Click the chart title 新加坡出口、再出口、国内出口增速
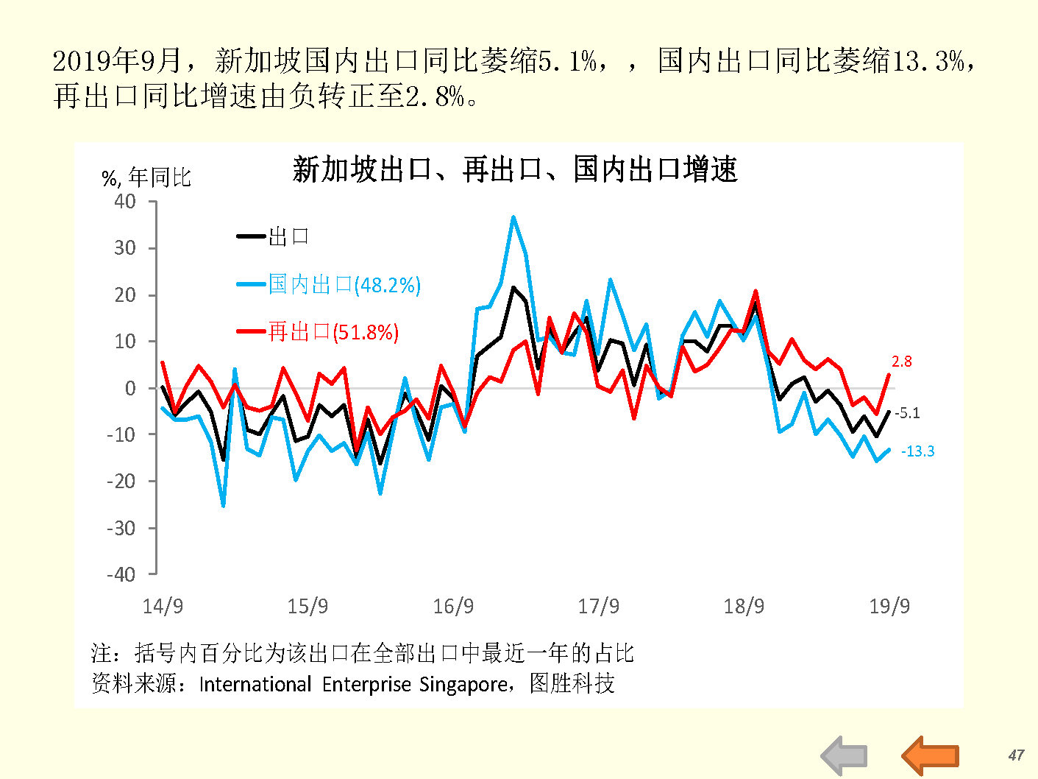514,170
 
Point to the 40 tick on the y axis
125,202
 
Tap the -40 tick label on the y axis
121,574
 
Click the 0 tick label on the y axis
130,388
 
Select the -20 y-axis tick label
121,482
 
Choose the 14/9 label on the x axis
163,606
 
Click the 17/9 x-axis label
598,606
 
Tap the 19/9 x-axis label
889,606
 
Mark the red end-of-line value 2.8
901,362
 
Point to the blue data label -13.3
917,451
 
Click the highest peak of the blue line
513,217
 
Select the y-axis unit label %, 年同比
146,177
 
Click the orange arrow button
930,755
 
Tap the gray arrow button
844,755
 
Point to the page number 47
1016,755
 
